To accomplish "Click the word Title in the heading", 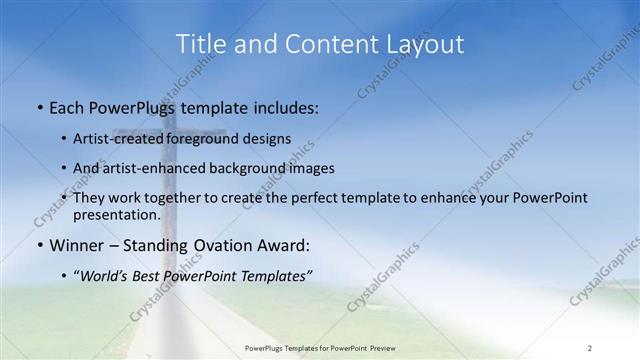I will [x=200, y=44].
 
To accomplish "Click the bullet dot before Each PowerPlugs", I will [x=38, y=106].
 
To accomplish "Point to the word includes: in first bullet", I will [x=281, y=106].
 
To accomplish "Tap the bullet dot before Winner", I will [x=38, y=245].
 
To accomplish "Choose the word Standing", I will [x=149, y=245].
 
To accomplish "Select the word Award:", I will [x=281, y=245].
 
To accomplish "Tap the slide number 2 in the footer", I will [x=589, y=348].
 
